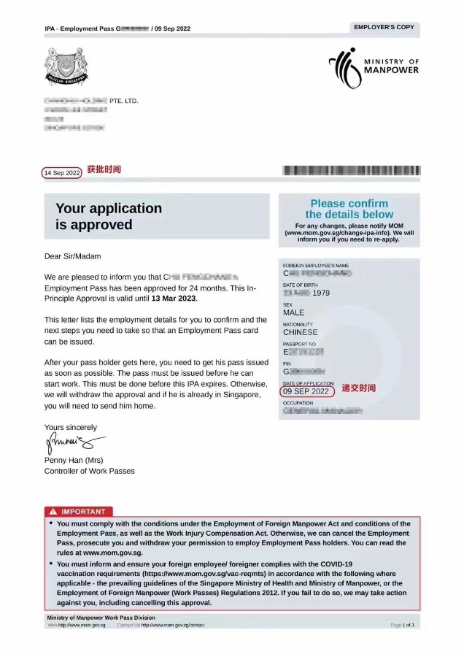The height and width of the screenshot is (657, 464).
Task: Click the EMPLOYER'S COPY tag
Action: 384,27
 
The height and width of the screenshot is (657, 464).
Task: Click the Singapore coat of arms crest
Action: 66,66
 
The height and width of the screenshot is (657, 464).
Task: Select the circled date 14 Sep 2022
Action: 62,173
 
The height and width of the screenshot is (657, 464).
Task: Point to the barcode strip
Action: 351,171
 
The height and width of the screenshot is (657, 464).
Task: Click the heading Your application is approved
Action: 109,217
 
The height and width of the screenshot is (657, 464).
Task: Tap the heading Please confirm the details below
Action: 349,209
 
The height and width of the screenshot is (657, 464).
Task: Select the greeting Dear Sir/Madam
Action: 73,256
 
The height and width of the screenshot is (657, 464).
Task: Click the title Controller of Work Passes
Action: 89,471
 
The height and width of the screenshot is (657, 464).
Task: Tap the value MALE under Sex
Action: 293,312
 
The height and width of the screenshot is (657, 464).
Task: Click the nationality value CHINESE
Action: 301,332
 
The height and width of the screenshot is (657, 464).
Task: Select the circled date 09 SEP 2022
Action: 306,391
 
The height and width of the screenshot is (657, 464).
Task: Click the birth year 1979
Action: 321,293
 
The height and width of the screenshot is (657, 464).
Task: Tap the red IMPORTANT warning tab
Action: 78,511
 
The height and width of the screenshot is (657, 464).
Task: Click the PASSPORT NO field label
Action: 299,344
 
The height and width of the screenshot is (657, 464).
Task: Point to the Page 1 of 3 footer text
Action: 402,626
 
